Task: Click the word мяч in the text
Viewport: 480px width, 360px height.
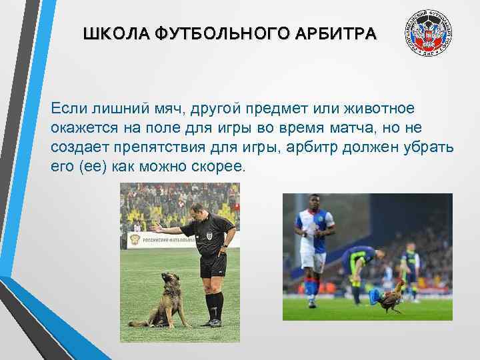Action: coord(160,109)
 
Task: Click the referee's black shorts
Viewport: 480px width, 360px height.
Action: coord(213,265)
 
